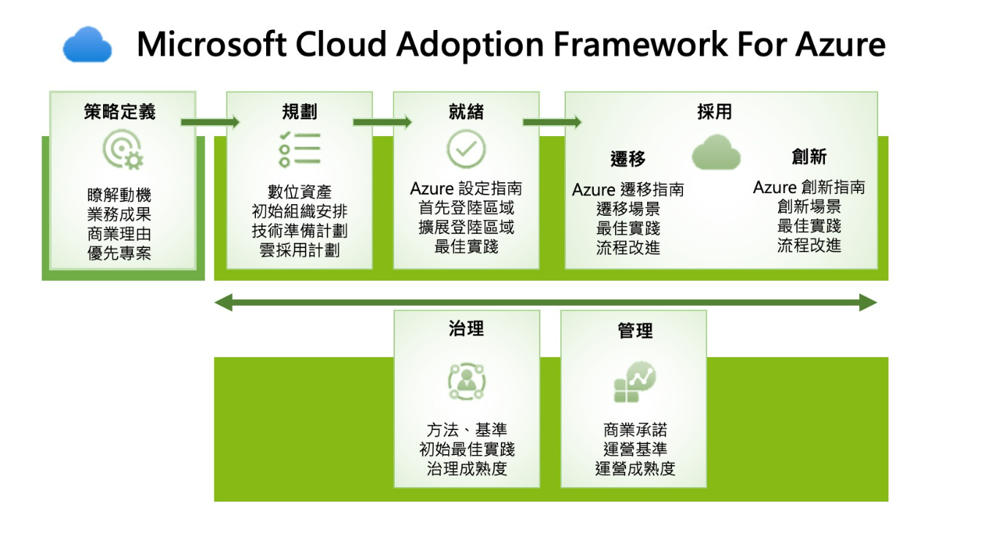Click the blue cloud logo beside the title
[x=88, y=45]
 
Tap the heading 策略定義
[x=120, y=112]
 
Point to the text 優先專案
[x=120, y=255]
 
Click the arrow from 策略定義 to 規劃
[x=211, y=121]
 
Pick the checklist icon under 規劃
[x=299, y=150]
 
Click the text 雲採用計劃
[x=299, y=249]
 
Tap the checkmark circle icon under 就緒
[x=466, y=149]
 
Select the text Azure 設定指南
[x=466, y=189]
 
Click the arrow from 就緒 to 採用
[x=552, y=121]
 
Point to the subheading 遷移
[x=628, y=159]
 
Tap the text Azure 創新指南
[x=809, y=187]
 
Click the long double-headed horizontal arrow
[x=545, y=302]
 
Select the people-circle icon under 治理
[x=466, y=381]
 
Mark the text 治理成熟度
[x=467, y=468]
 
